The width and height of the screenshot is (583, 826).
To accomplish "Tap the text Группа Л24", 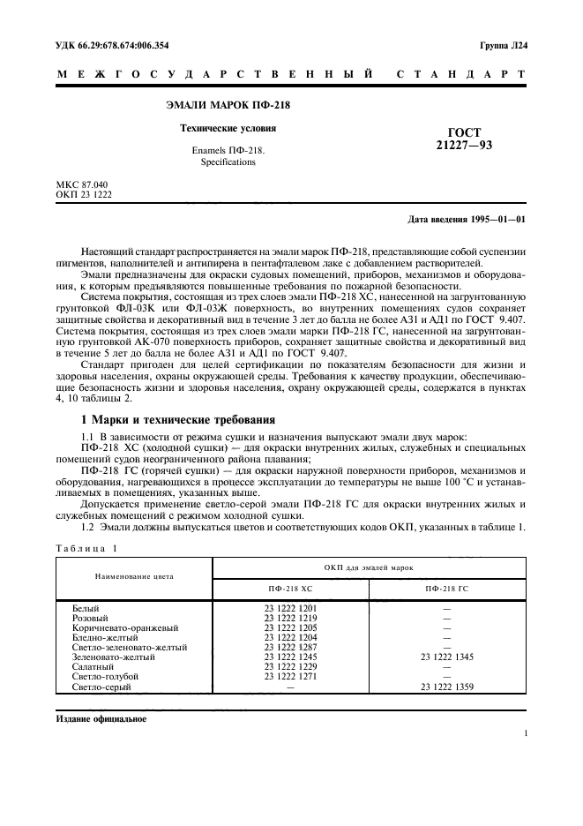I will [x=503, y=44].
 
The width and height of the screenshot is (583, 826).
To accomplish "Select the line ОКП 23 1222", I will [x=83, y=194].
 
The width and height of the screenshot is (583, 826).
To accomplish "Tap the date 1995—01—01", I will [x=498, y=219].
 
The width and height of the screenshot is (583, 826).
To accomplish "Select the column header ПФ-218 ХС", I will [x=290, y=587].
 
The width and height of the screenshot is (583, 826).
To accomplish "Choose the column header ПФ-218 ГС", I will [x=446, y=587].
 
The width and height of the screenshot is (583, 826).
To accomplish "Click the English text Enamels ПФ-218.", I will [x=215, y=151].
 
